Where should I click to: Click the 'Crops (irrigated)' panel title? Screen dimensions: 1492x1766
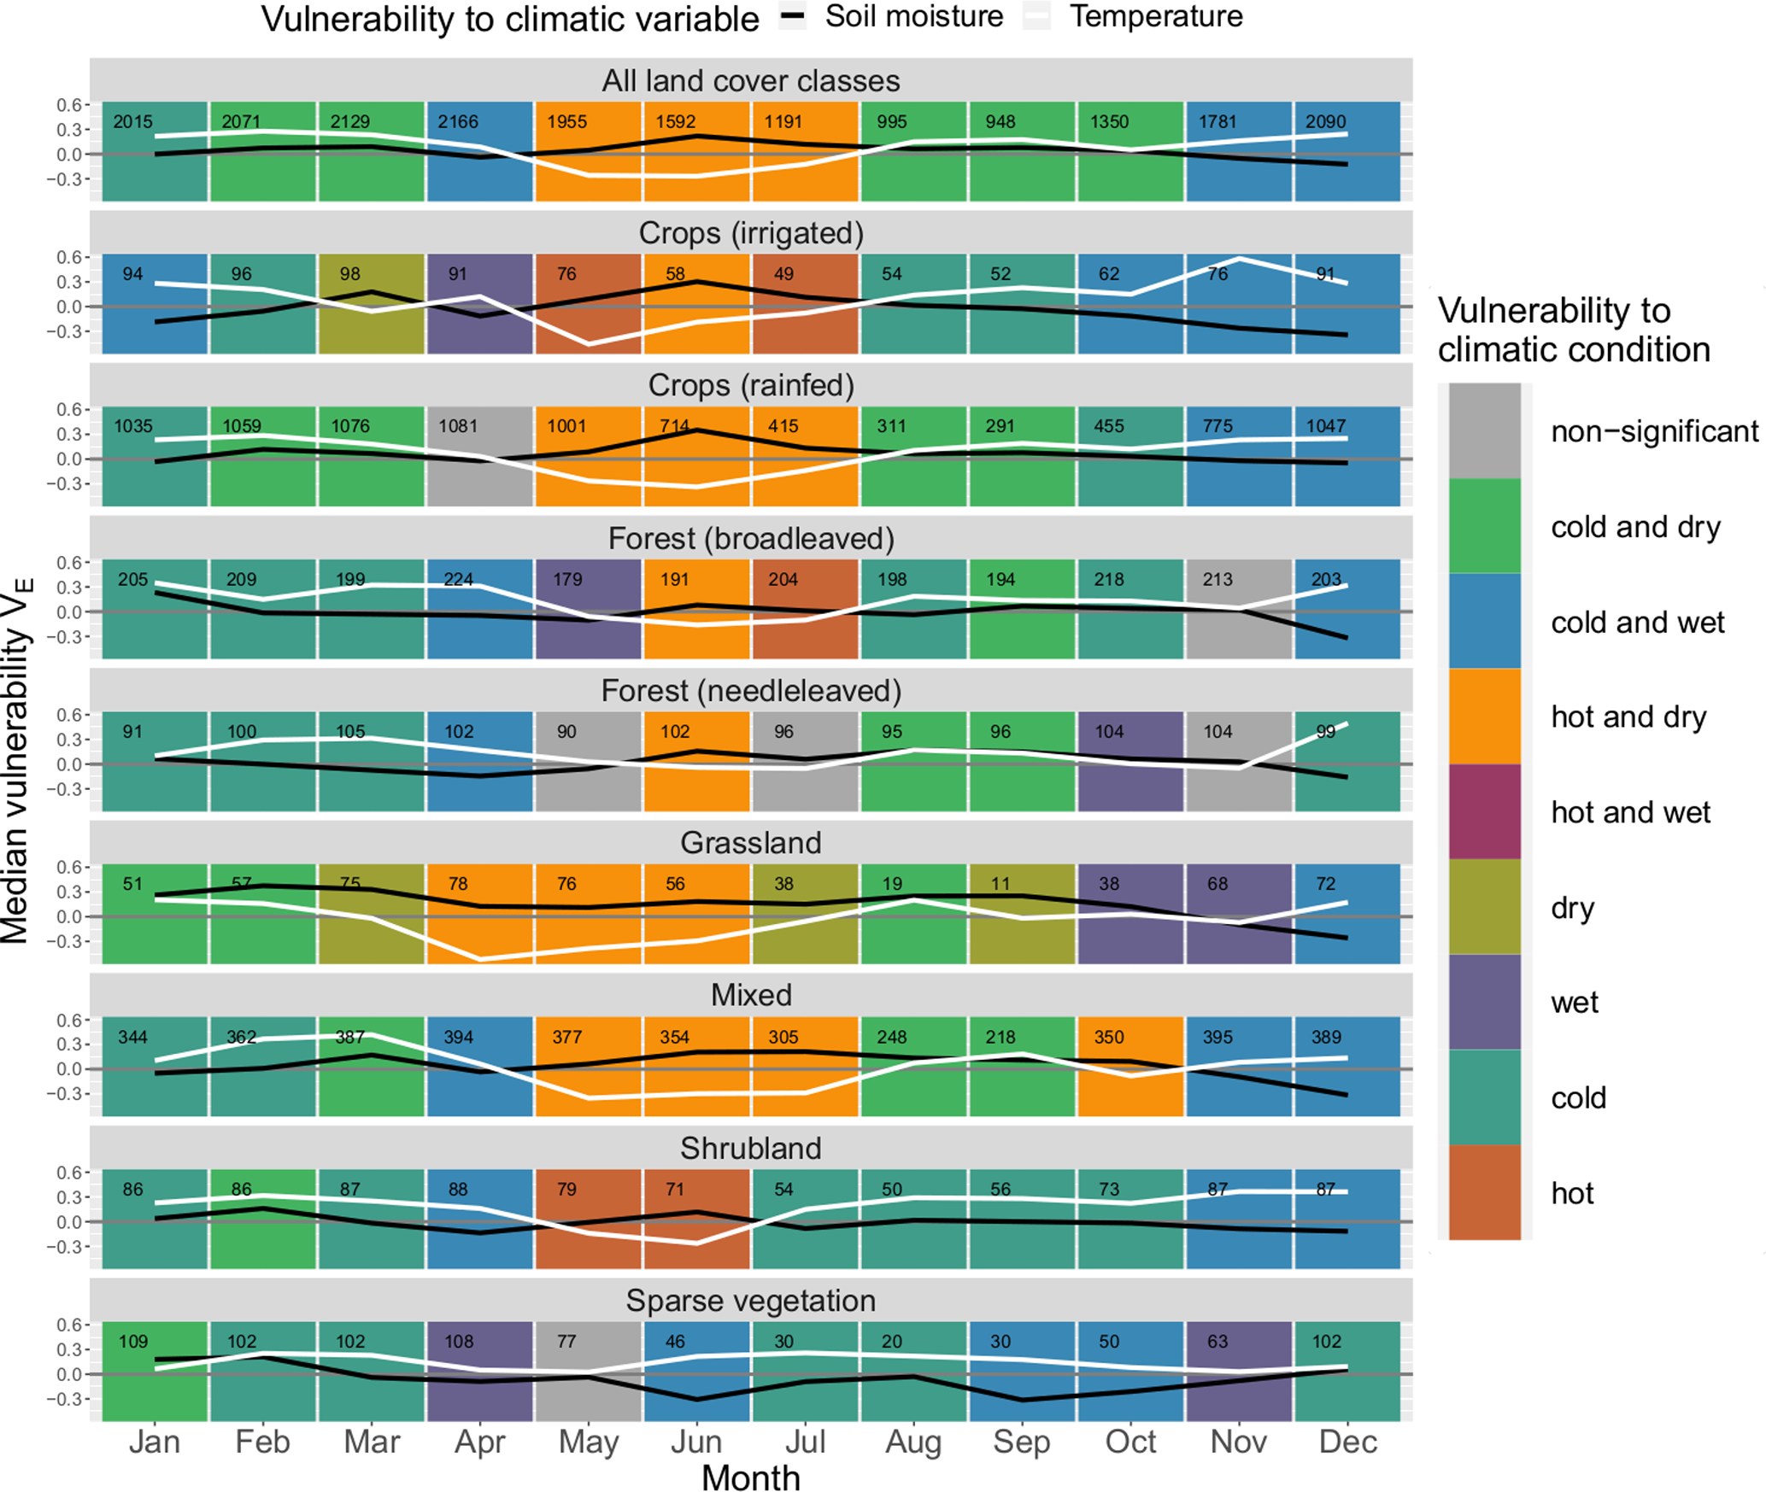point(750,233)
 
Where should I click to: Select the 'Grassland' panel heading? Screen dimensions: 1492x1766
point(750,843)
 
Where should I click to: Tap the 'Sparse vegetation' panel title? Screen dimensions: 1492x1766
point(750,1301)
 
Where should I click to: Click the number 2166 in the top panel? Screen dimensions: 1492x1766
point(458,121)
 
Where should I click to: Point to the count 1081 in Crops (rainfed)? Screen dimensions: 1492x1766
point(458,426)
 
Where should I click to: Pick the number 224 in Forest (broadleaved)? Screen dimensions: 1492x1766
point(458,579)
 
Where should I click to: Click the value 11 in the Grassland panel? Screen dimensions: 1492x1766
point(1000,884)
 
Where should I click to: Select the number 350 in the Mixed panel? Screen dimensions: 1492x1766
point(1109,1037)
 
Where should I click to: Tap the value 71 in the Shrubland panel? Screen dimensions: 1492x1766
point(675,1189)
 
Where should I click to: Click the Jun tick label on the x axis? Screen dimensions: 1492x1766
point(696,1442)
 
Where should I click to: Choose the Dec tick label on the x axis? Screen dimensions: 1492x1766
point(1347,1442)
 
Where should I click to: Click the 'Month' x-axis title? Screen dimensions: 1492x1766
point(750,1477)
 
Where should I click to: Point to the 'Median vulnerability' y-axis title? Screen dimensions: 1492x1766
point(17,760)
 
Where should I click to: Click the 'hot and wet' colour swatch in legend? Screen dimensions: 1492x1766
point(1484,811)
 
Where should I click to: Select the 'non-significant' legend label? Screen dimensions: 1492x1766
point(1654,431)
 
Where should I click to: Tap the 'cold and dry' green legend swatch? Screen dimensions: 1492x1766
point(1484,526)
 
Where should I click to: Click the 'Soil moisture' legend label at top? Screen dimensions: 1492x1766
point(913,17)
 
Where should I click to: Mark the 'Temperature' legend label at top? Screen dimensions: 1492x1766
point(1156,17)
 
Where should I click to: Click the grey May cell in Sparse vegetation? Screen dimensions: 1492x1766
point(588,1371)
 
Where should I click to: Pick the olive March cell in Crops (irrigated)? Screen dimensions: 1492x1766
point(371,303)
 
